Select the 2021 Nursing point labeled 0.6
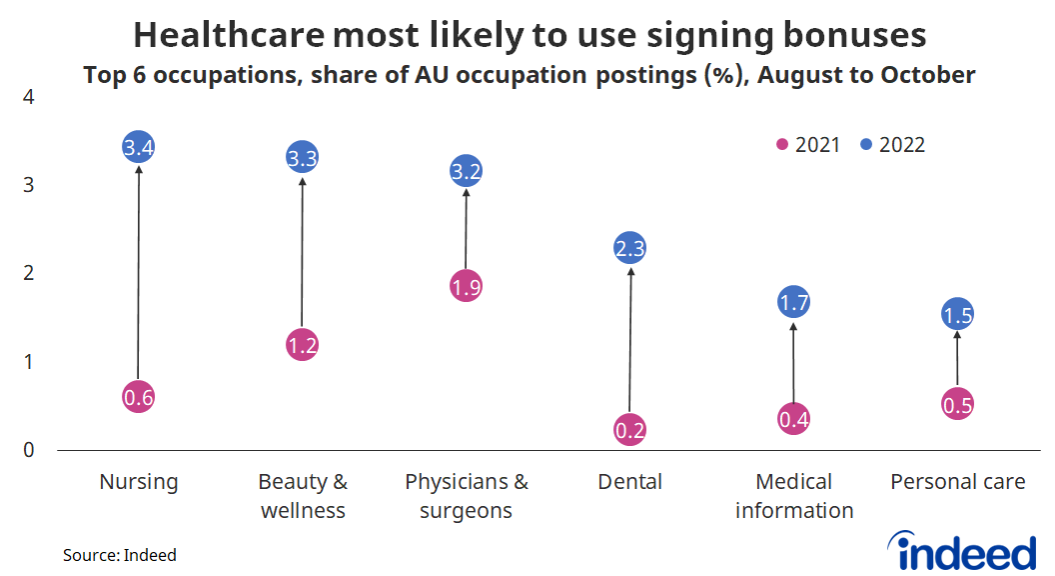[139, 397]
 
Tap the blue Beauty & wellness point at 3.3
[303, 157]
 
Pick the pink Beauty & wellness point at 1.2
[303, 345]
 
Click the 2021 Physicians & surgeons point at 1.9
[467, 287]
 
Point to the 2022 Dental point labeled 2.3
[630, 249]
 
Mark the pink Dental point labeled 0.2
[630, 430]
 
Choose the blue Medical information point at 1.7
[793, 302]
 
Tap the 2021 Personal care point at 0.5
[957, 405]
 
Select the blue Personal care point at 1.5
[957, 315]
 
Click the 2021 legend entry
[809, 145]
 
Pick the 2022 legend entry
[892, 145]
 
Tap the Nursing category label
[139, 482]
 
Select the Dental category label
[630, 482]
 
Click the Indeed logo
[962, 550]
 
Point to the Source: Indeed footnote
[120, 554]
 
